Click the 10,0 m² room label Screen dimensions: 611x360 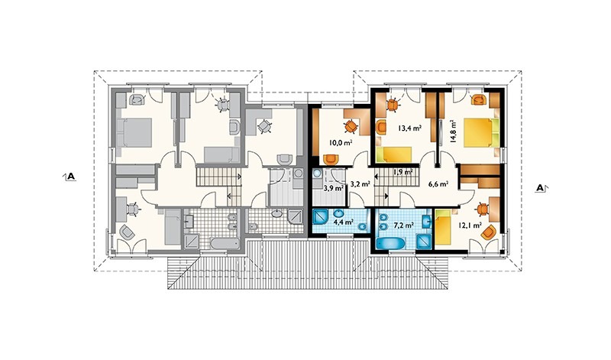341,142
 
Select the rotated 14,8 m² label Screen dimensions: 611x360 453,131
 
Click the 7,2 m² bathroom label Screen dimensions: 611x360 404,225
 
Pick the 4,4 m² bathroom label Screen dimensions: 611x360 343,222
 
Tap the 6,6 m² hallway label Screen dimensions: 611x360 438,184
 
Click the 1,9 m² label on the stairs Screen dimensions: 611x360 403,172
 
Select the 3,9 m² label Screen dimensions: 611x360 334,188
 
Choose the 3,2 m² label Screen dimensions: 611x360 360,183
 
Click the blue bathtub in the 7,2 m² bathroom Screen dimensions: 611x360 391,243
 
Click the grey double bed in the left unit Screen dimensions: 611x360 134,132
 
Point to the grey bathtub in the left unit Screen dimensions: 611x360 225,243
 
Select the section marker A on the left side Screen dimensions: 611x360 70,177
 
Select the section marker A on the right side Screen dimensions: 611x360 541,188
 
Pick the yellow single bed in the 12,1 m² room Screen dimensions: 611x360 443,229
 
